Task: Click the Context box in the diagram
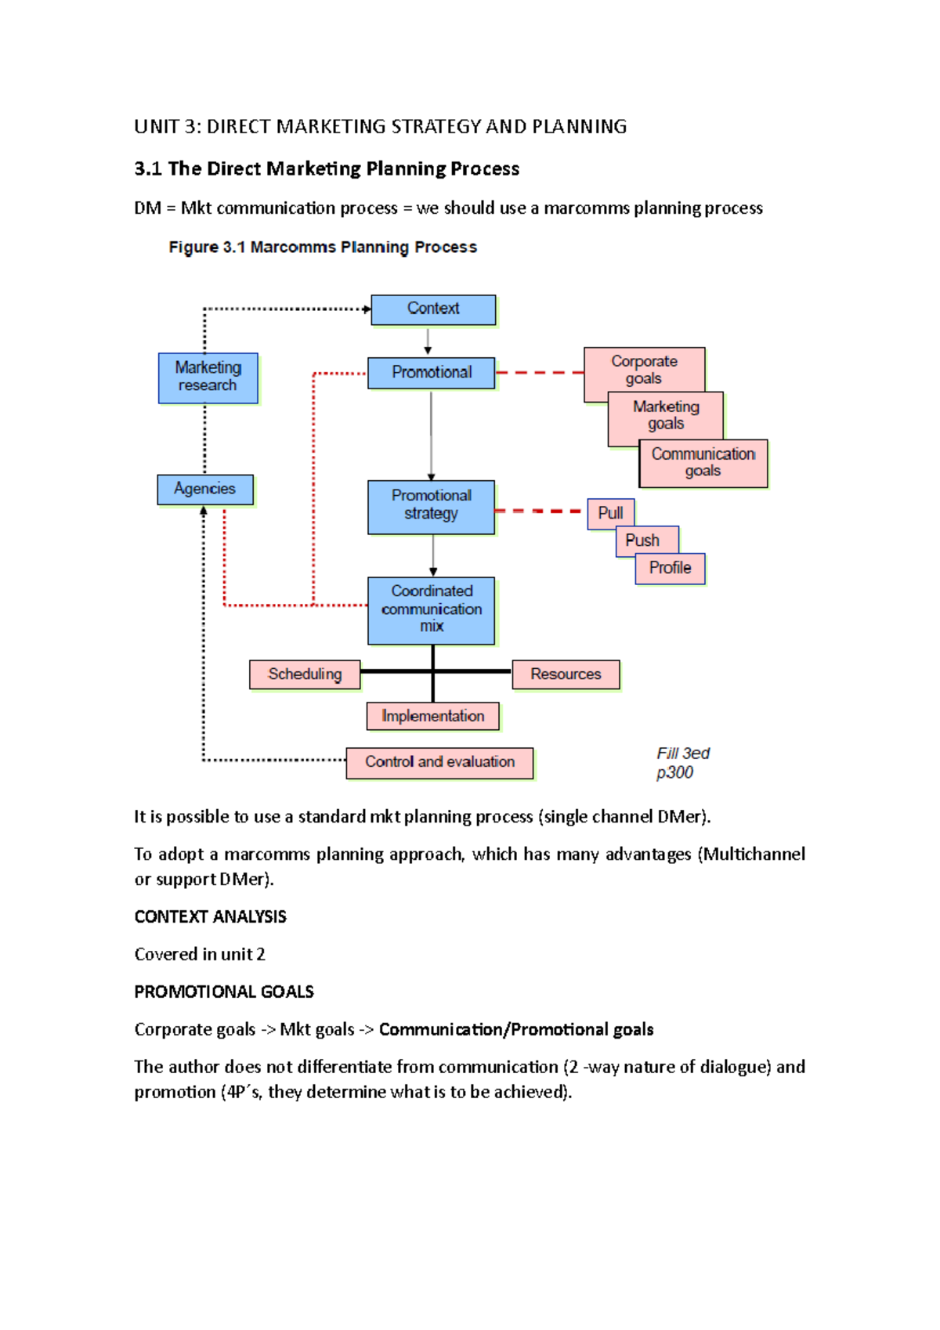433,309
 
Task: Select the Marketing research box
208,378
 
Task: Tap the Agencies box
204,490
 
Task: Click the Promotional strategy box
431,506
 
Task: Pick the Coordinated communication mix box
431,610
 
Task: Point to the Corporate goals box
644,369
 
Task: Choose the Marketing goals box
666,415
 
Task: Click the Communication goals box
703,463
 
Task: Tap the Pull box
610,514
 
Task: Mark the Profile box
670,568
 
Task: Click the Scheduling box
305,674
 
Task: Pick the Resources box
566,674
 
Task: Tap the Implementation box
432,716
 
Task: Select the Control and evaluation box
439,762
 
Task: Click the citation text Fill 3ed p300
682,763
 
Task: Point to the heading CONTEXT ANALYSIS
210,916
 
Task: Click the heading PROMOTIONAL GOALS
224,992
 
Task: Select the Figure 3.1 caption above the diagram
323,248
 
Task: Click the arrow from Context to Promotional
428,341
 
